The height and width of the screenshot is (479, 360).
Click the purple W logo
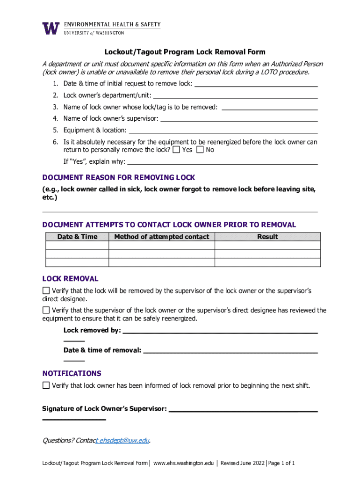click(x=51, y=28)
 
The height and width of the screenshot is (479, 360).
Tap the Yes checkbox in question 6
click(x=176, y=150)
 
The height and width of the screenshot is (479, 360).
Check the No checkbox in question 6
click(x=200, y=150)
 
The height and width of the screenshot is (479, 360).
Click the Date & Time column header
click(x=77, y=237)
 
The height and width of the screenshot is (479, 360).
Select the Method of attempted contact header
click(x=161, y=237)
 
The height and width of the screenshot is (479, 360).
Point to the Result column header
click(x=267, y=237)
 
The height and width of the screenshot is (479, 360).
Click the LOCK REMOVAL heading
click(x=70, y=279)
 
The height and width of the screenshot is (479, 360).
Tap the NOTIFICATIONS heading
click(x=72, y=373)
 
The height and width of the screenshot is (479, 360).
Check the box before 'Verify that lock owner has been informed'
click(x=46, y=385)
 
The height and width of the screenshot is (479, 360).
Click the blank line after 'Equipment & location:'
click(x=223, y=131)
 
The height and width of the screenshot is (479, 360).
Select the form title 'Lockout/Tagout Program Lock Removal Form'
click(x=184, y=52)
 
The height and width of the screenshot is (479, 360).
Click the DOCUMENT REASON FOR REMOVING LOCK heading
click(x=118, y=178)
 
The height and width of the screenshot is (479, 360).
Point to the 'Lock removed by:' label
click(x=92, y=331)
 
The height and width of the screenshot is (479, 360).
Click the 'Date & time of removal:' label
click(x=102, y=350)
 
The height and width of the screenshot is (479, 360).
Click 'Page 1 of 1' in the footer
click(x=281, y=463)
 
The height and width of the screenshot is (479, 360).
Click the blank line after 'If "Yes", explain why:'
click(x=223, y=163)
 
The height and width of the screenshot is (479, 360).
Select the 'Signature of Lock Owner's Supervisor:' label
click(x=104, y=409)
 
